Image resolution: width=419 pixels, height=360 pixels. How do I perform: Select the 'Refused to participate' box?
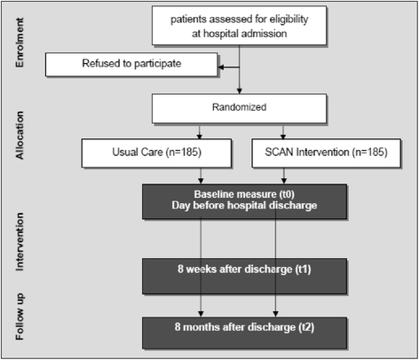[130, 64]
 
